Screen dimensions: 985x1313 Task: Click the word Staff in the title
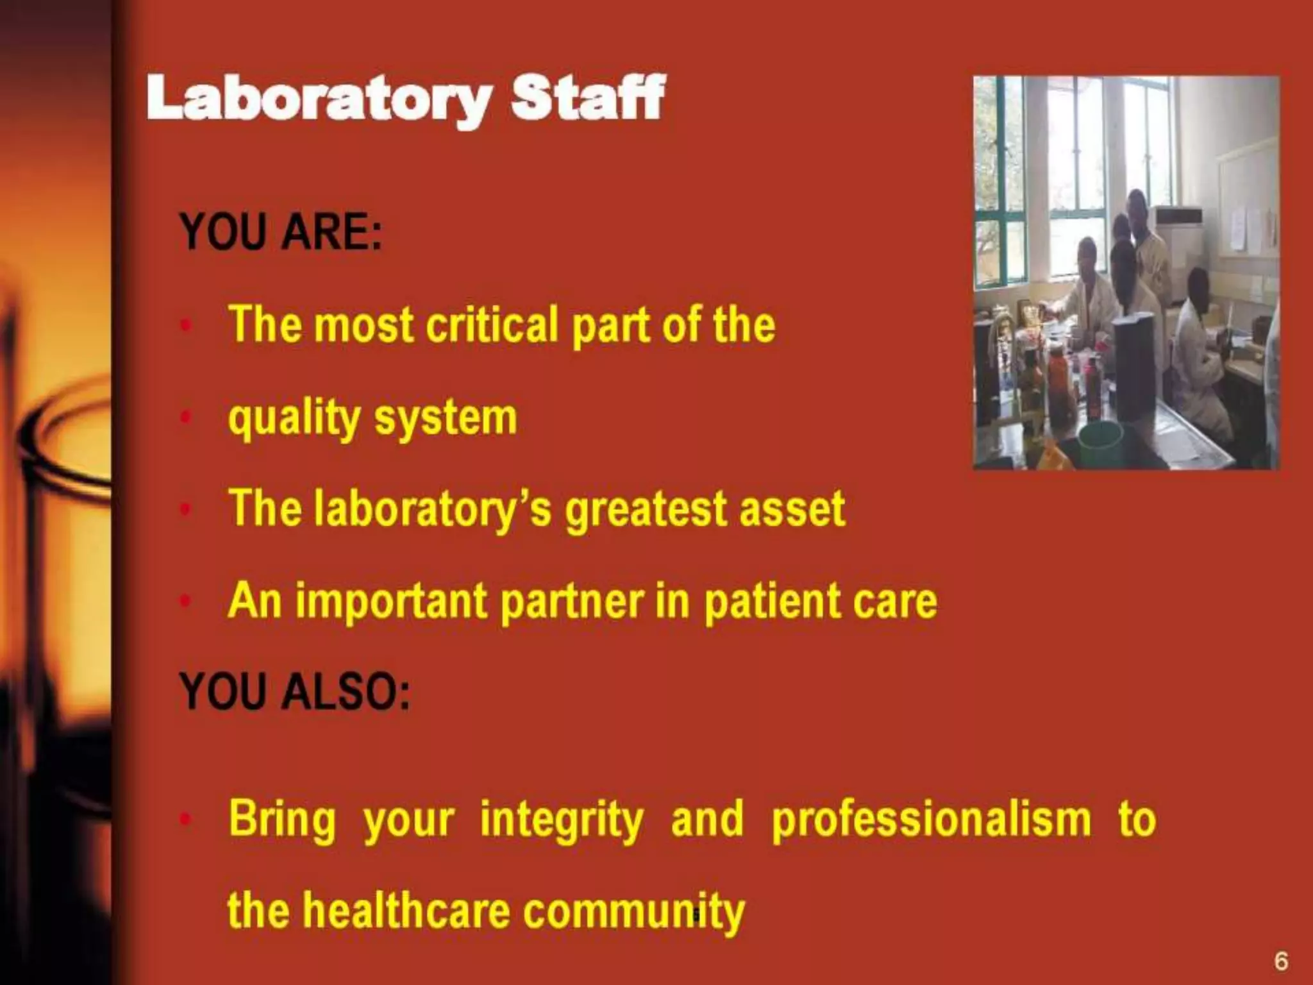587,97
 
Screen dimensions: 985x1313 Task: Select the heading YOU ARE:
281,232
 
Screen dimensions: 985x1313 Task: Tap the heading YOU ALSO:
294,692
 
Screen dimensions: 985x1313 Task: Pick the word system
446,419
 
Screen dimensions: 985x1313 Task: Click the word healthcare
406,911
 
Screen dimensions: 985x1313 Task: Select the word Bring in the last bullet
282,820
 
